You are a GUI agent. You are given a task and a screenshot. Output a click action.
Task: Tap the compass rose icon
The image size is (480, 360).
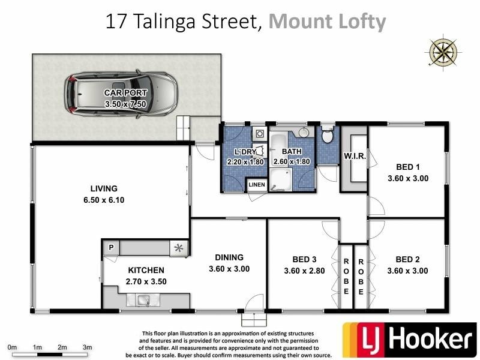coord(443,52)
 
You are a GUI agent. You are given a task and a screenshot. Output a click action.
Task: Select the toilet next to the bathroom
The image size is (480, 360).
coord(327,136)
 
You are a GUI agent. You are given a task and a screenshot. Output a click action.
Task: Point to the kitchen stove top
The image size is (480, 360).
coord(178,247)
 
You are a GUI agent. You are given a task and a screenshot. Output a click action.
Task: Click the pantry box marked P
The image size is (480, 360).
coord(111,247)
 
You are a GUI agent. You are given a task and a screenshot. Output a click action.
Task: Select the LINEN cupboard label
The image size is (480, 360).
coord(257,185)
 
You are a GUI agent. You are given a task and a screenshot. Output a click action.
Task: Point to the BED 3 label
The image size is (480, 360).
coord(304,259)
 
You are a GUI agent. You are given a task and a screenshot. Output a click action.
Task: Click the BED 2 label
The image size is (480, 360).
coord(407,259)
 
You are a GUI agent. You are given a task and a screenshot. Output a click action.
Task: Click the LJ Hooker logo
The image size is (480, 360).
coord(409,340)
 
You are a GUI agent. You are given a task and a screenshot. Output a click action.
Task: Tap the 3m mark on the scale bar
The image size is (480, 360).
coord(86,347)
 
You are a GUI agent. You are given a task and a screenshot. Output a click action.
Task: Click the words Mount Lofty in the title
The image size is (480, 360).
coord(328,22)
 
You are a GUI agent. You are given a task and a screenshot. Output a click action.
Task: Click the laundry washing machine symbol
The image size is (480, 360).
coord(260,133)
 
